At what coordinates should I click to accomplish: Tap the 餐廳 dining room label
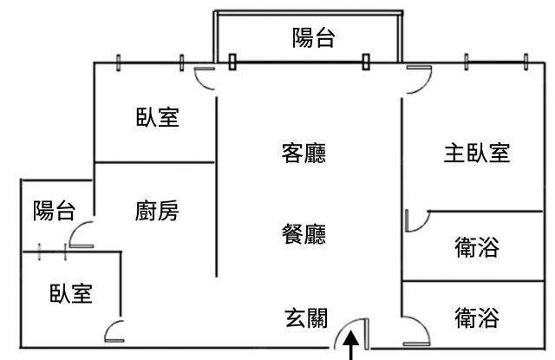pos(304,234)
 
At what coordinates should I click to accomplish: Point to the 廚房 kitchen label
pos(157,211)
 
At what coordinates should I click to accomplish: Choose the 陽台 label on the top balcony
pos(313,38)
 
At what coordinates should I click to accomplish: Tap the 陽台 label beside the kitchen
pos(54,211)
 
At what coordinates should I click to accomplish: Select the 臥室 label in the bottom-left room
pos(71,294)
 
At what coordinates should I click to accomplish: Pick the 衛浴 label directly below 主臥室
pos(476,250)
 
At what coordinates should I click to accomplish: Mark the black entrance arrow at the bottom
pos(352,349)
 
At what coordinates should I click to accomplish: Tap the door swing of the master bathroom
pos(414,220)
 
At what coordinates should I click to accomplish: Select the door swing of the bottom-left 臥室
pos(115,332)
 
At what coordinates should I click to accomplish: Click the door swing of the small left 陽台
pos(82,234)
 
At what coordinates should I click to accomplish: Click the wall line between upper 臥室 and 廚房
pos(154,162)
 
